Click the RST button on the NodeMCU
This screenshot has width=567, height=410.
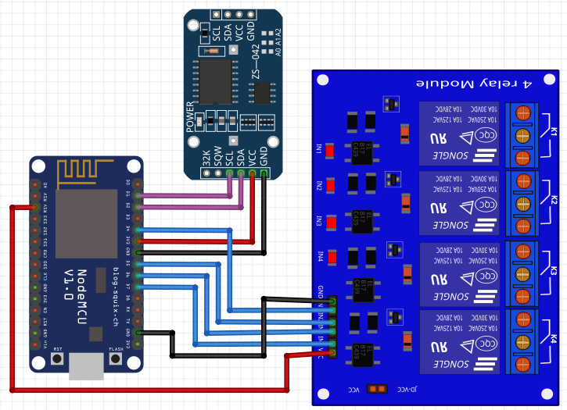point(57,358)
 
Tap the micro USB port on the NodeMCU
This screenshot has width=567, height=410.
point(86,365)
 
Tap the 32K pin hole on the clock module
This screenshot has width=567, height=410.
point(206,174)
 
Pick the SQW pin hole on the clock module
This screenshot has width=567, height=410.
point(217,174)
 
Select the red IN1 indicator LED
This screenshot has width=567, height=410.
point(330,150)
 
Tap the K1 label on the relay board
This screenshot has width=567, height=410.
point(553,131)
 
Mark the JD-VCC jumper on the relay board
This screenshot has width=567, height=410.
point(377,388)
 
